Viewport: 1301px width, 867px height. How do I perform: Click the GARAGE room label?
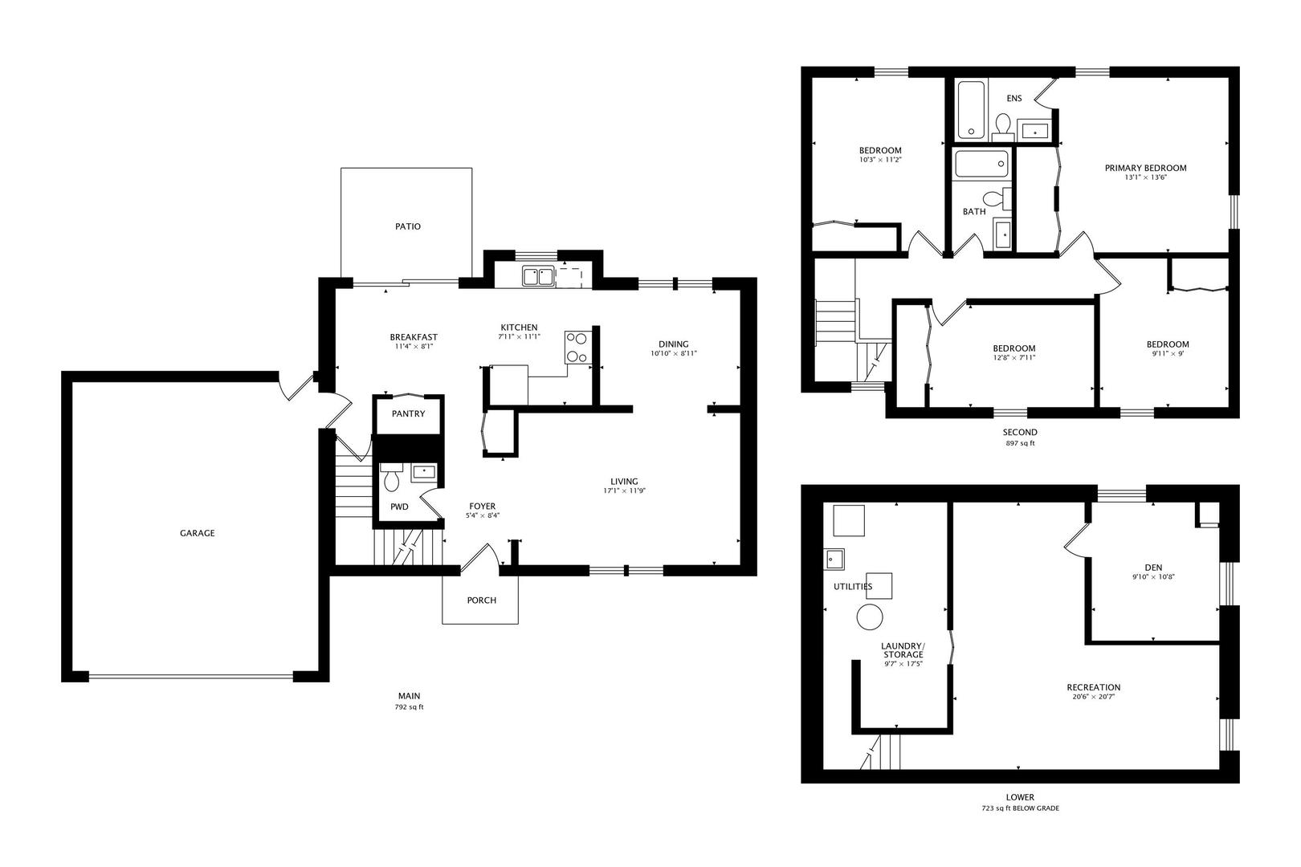click(x=197, y=533)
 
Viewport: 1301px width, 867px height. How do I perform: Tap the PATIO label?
click(x=408, y=226)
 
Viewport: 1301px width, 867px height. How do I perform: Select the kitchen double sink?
click(x=538, y=276)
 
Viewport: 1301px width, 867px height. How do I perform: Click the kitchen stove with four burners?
click(x=578, y=348)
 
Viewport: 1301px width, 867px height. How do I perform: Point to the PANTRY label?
click(x=408, y=414)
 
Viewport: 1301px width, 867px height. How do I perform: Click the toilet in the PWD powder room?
click(x=391, y=477)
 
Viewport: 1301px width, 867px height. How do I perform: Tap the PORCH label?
click(x=482, y=600)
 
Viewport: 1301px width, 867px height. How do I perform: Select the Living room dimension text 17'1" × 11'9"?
click(x=624, y=490)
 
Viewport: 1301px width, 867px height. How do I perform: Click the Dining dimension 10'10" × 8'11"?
click(x=674, y=353)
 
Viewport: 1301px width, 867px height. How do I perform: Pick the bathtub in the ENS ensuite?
click(x=971, y=110)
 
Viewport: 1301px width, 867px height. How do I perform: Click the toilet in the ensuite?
click(x=1003, y=127)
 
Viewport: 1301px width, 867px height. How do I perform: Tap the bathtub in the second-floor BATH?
click(x=982, y=164)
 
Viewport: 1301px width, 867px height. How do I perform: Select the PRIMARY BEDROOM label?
click(x=1145, y=169)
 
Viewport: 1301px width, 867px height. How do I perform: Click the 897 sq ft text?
click(x=1020, y=443)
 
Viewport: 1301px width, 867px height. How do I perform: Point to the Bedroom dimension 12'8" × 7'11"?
click(x=1014, y=358)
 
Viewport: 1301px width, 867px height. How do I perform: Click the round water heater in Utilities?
click(x=870, y=617)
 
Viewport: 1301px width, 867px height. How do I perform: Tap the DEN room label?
click(x=1153, y=568)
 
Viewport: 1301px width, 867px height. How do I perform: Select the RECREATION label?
click(x=1094, y=687)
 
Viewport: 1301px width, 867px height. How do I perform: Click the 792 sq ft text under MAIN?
click(x=409, y=707)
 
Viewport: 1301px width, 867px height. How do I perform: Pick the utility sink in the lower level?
click(x=834, y=560)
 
